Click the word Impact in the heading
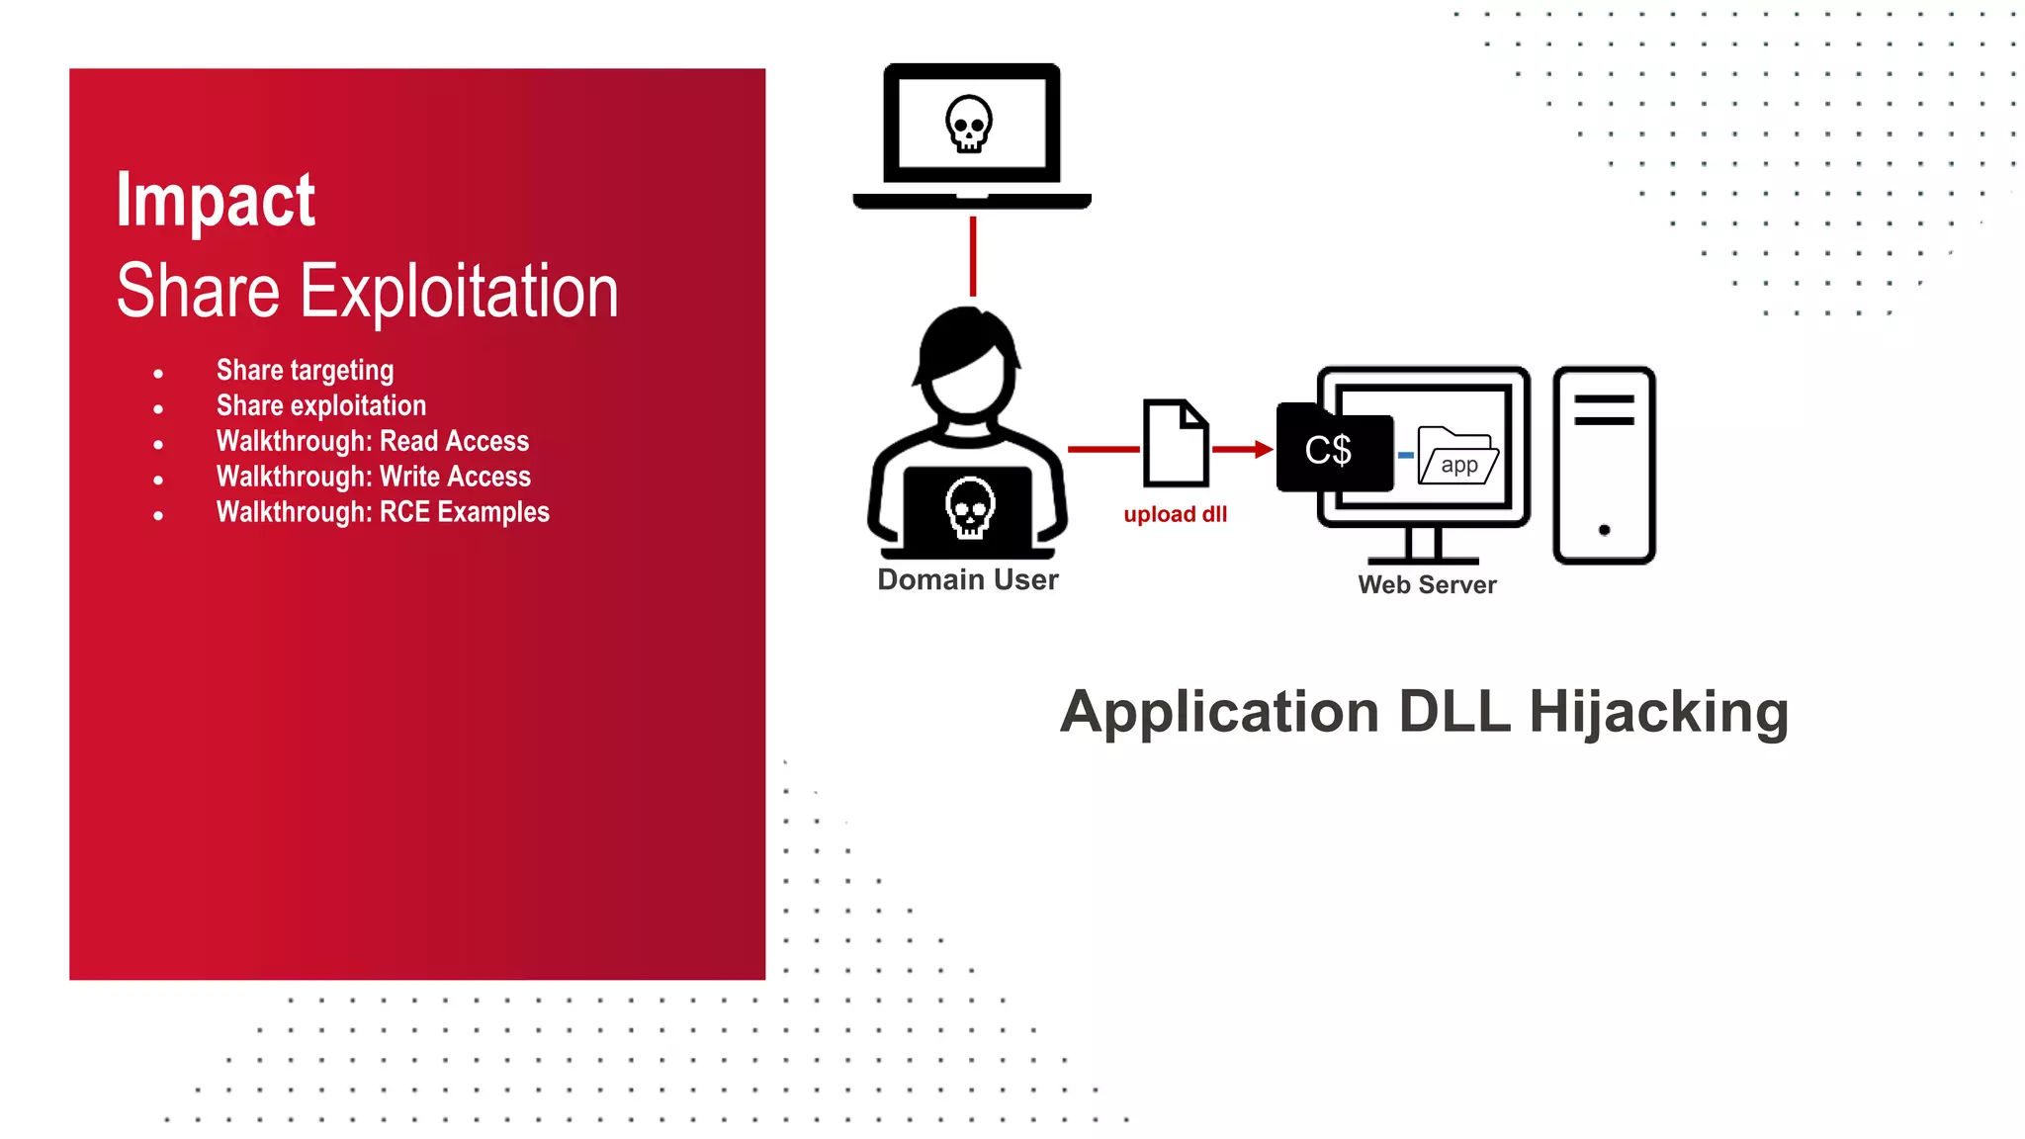(216, 201)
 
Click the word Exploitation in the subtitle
(459, 292)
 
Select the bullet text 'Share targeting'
(305, 371)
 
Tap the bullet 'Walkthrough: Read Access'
(373, 441)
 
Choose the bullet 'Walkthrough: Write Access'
(374, 477)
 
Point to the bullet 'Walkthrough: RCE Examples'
(383, 512)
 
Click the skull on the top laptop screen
(969, 124)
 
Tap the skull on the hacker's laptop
(969, 507)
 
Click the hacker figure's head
(967, 365)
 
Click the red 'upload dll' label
(1175, 514)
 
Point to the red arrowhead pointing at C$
(1263, 450)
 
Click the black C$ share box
(1331, 450)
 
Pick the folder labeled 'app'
(1457, 456)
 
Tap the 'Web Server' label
(1427, 584)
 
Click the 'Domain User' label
(967, 579)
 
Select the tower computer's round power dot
(1604, 530)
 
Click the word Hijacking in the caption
(1658, 712)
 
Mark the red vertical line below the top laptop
(973, 256)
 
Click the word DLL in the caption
(1453, 712)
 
